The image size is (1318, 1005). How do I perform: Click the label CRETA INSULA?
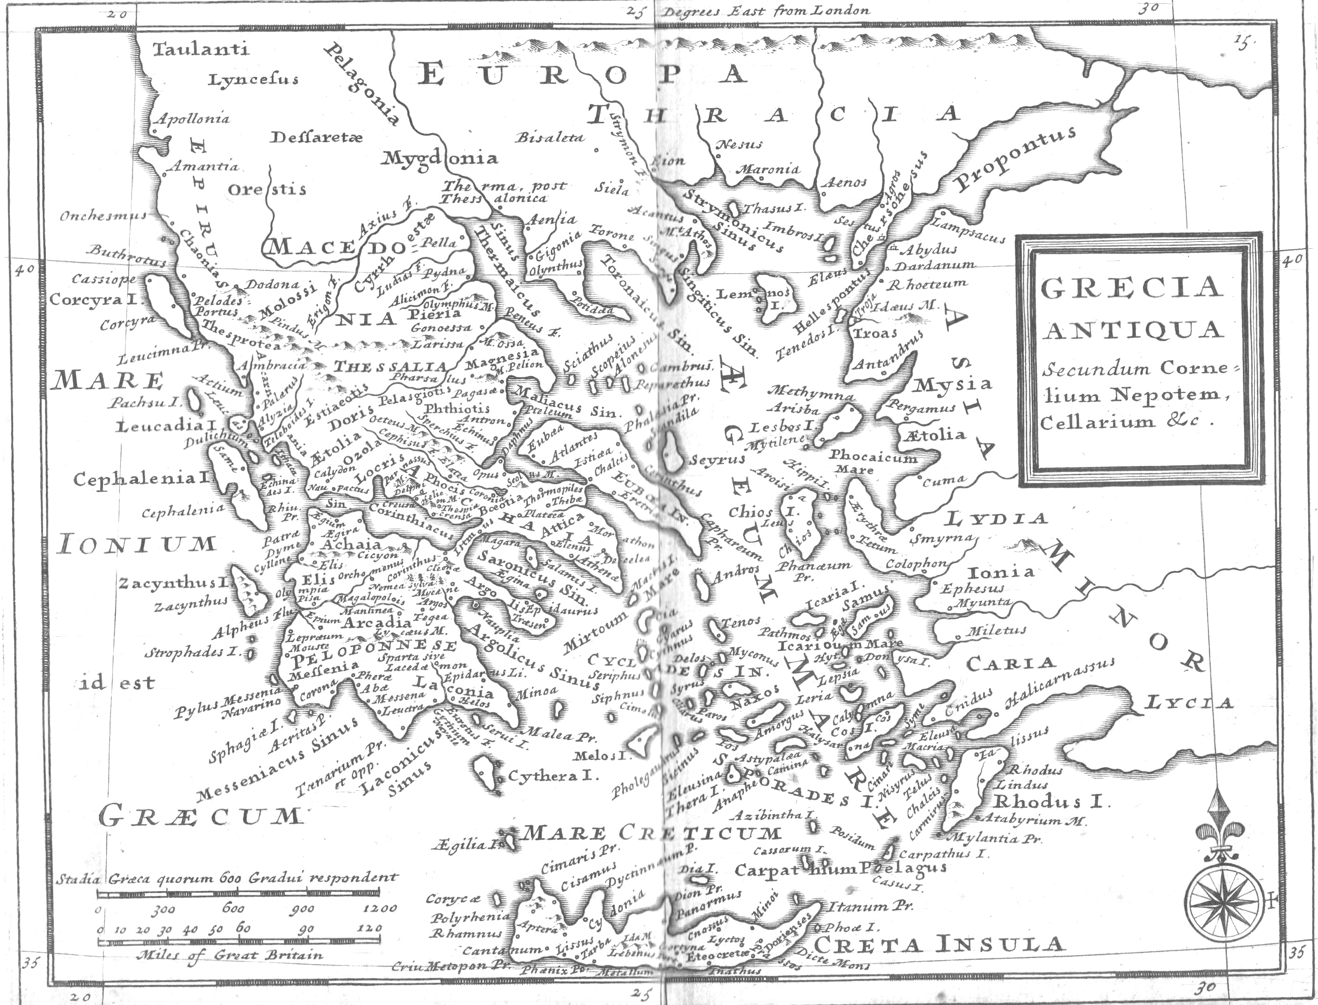(x=939, y=945)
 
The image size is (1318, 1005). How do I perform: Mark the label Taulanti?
(x=200, y=49)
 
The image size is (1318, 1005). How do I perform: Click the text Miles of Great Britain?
(x=229, y=955)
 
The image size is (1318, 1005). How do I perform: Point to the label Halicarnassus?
(x=1060, y=681)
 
